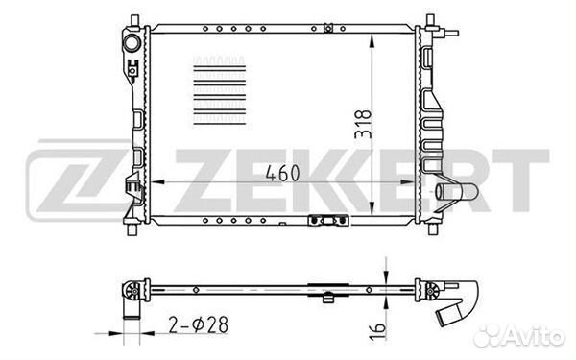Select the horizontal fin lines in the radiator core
pos(219,91)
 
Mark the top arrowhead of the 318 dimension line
pos(372,37)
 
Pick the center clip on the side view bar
pos(325,285)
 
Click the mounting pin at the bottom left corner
pos(130,230)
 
